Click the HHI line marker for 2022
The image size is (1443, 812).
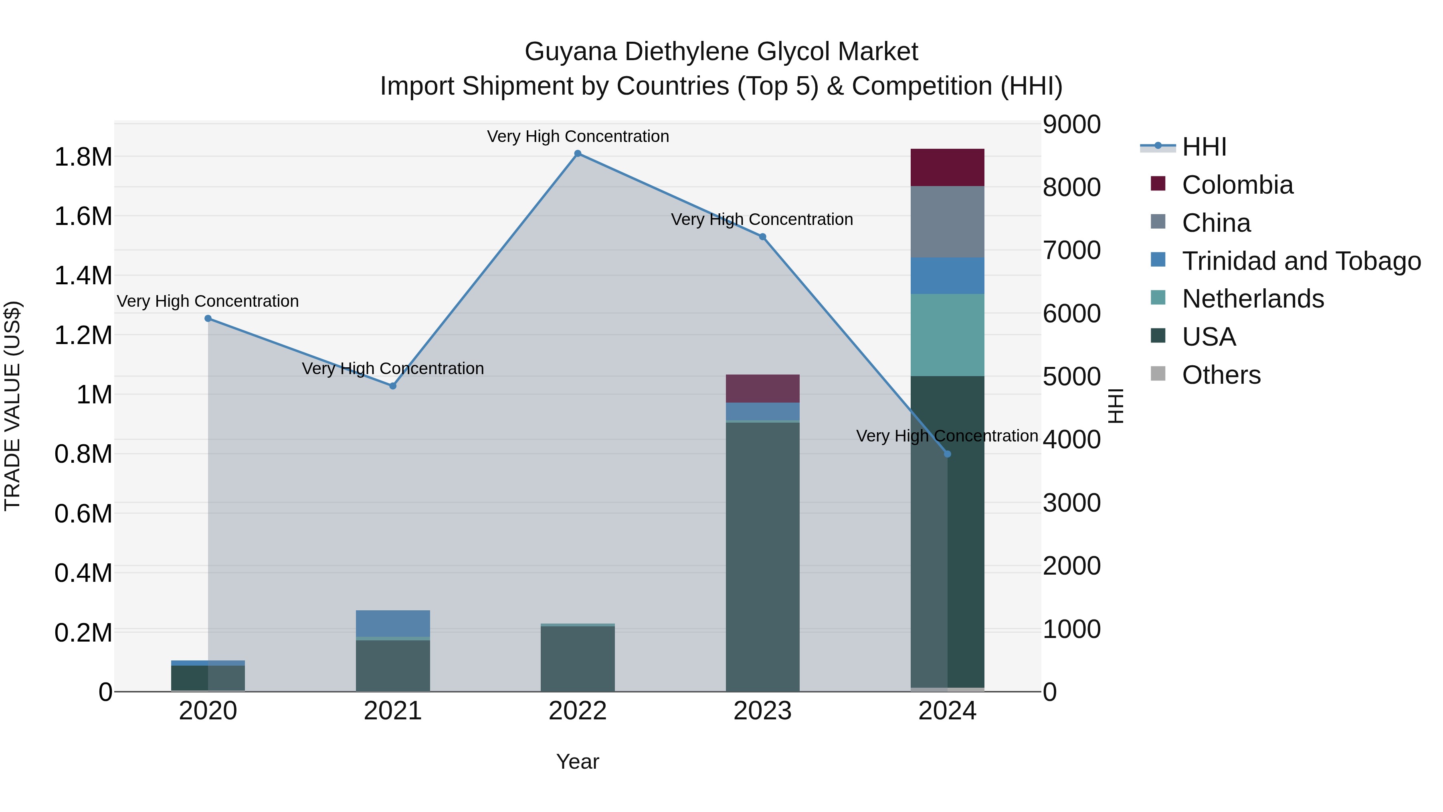click(578, 154)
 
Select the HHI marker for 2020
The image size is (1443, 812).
click(208, 318)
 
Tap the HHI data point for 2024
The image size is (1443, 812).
click(947, 454)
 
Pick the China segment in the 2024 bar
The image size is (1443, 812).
click(947, 222)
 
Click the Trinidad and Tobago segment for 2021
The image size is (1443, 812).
click(393, 623)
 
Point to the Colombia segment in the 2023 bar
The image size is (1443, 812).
click(762, 388)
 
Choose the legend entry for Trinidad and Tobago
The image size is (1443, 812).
click(1301, 261)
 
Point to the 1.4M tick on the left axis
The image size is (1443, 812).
click(83, 276)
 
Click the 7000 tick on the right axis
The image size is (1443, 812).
click(1071, 251)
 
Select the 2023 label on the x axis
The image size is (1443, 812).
click(762, 711)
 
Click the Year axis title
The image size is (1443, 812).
click(578, 761)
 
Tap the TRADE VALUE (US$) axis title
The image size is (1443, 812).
click(12, 406)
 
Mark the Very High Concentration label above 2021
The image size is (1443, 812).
click(393, 369)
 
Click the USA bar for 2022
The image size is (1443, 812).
click(578, 658)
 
